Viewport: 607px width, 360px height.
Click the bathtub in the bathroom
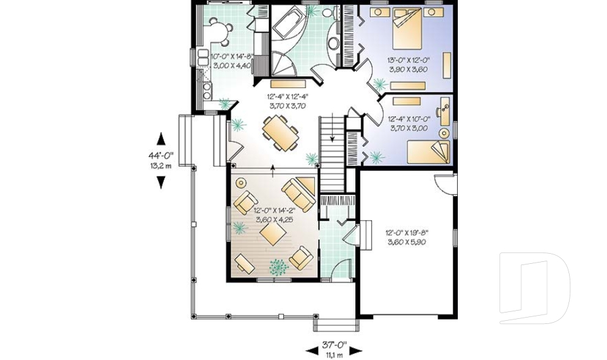tap(288, 25)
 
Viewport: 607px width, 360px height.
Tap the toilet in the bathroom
tap(327, 12)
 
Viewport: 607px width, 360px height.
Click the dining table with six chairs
tap(280, 133)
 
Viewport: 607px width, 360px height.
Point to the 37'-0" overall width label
tap(334, 345)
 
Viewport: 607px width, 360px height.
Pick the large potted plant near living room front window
tap(277, 268)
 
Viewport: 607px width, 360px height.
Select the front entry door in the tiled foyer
tap(341, 270)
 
